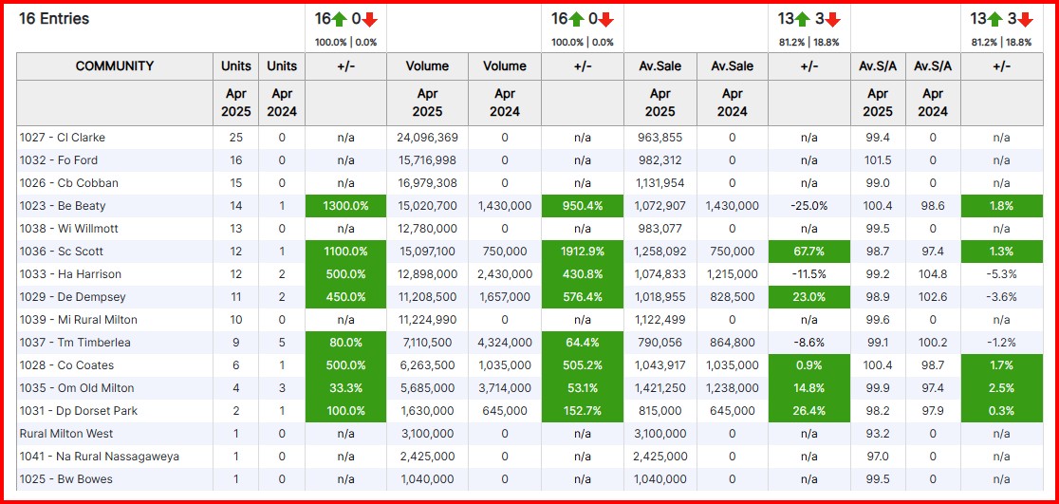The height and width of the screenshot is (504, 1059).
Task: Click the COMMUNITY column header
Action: pyautogui.click(x=115, y=66)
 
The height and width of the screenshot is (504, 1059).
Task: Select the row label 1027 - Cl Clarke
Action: pyautogui.click(x=63, y=138)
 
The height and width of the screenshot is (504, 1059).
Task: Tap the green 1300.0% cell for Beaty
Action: pyautogui.click(x=345, y=206)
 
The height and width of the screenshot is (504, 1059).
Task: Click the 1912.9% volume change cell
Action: pyautogui.click(x=583, y=252)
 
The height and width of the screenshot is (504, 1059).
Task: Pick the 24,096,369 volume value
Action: pyautogui.click(x=427, y=138)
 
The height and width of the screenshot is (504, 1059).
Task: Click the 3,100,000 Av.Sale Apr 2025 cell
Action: pyautogui.click(x=660, y=434)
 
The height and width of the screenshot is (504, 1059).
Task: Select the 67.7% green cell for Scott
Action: pyautogui.click(x=808, y=252)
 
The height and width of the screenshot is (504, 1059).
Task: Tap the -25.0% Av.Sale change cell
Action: pyautogui.click(x=808, y=206)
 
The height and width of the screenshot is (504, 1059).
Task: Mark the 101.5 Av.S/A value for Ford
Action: pyautogui.click(x=878, y=160)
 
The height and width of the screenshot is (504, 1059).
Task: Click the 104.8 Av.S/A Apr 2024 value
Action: pyautogui.click(x=933, y=274)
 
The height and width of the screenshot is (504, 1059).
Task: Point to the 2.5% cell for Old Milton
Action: pyautogui.click(x=1001, y=388)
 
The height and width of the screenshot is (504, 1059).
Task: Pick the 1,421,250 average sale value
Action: pyautogui.click(x=660, y=388)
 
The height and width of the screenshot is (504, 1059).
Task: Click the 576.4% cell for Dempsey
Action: pyautogui.click(x=583, y=297)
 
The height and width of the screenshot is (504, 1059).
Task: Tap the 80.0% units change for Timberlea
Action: pyautogui.click(x=345, y=343)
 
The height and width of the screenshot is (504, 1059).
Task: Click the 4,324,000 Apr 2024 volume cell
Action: pyautogui.click(x=504, y=343)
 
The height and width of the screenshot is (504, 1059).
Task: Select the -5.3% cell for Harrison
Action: pyautogui.click(x=1001, y=274)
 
